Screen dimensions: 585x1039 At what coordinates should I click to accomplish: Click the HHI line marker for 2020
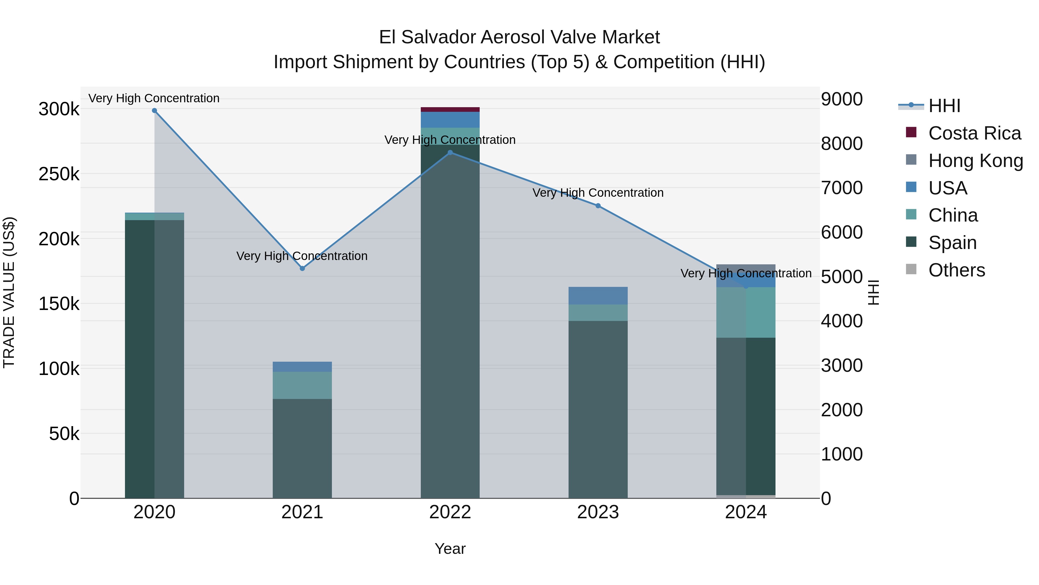[x=154, y=111]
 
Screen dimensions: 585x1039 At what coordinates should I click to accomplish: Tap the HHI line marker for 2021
[x=302, y=268]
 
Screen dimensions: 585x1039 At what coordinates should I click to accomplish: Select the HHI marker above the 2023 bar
[x=598, y=206]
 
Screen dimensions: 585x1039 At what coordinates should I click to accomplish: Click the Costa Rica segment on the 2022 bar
[x=450, y=109]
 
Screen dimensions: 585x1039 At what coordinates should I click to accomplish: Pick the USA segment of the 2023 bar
[x=598, y=296]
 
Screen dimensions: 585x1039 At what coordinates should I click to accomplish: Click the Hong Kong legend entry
[x=975, y=160]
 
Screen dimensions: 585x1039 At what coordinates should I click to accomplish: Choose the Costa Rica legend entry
[x=974, y=133]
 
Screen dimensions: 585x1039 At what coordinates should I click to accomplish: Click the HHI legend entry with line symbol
[x=944, y=105]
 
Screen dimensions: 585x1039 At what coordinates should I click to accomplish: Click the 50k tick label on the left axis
[x=64, y=434]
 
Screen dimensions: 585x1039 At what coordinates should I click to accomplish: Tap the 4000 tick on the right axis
[x=842, y=321]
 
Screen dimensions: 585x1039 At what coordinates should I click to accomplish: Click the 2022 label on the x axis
[x=450, y=512]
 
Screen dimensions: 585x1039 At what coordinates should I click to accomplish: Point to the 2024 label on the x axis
[x=746, y=512]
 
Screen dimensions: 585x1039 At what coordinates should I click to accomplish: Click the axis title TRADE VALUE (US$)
[x=9, y=292]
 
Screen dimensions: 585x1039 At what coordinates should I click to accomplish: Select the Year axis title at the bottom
[x=450, y=549]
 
